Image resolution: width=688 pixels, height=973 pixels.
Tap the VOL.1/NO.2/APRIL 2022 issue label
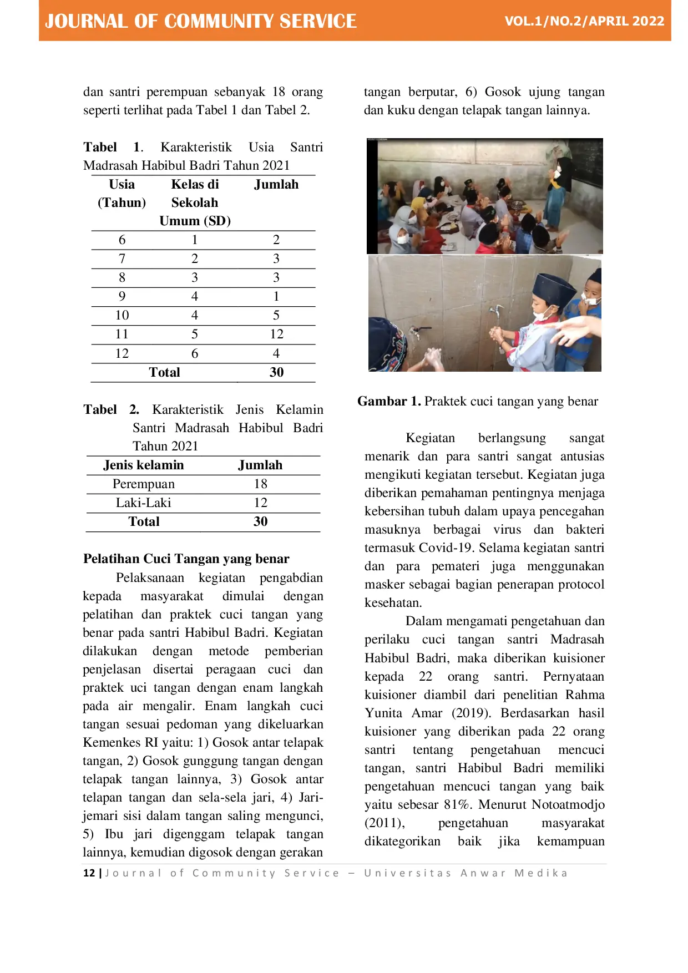tap(584, 21)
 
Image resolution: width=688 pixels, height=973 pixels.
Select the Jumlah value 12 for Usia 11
tap(276, 334)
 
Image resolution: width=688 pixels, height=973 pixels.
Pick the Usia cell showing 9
tap(122, 296)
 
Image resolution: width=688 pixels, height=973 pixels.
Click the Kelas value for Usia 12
tap(195, 353)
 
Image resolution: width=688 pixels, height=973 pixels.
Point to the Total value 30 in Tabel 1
tap(276, 372)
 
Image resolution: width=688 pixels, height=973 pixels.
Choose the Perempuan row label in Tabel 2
tap(144, 484)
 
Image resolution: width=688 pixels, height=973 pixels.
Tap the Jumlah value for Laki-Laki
tap(260, 503)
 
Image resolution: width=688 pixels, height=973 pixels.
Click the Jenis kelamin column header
tap(144, 465)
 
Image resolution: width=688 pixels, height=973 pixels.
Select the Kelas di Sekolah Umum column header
tap(195, 202)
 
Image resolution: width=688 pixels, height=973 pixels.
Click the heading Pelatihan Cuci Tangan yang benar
tap(186, 559)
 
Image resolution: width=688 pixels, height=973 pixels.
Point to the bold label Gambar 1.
tap(389, 401)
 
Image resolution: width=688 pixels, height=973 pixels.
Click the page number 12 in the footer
tap(89, 873)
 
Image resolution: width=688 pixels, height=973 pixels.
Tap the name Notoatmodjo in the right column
tap(568, 804)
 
